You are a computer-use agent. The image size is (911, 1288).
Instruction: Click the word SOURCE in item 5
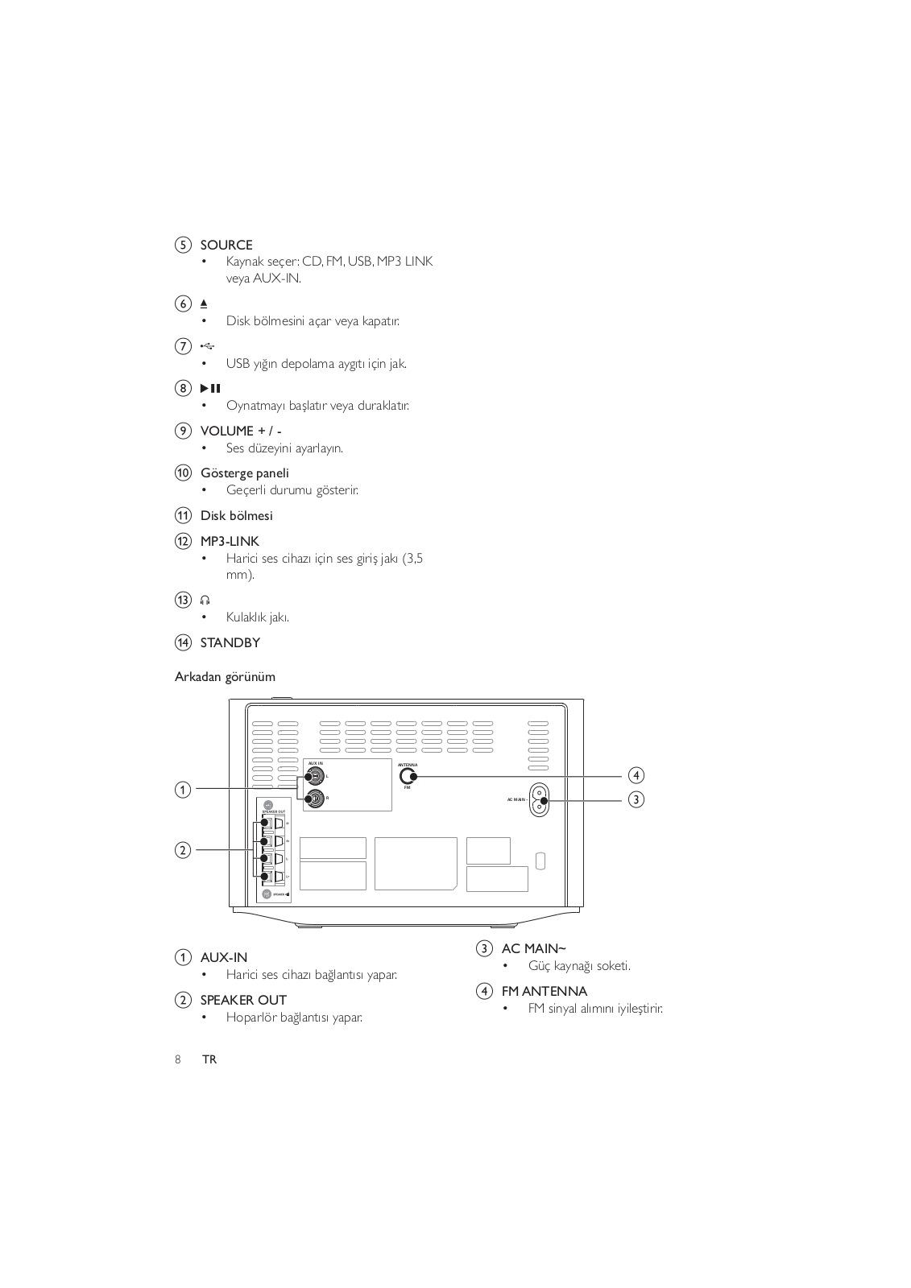click(x=226, y=245)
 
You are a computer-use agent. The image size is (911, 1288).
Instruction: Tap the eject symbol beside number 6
click(x=204, y=303)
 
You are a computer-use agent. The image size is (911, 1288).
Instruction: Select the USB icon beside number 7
click(x=207, y=346)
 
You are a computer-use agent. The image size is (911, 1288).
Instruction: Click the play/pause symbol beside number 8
click(x=210, y=389)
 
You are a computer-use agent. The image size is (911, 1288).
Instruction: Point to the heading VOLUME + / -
click(x=241, y=431)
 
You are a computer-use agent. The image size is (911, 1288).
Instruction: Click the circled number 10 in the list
click(x=184, y=473)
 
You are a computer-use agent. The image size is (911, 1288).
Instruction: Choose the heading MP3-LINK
click(x=230, y=541)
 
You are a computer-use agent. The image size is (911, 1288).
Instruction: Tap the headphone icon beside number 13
click(x=205, y=600)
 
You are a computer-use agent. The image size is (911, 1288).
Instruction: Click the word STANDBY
click(x=230, y=642)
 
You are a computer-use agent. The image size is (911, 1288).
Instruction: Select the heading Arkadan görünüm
click(x=225, y=677)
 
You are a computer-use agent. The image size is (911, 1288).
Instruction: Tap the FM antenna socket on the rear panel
click(x=408, y=776)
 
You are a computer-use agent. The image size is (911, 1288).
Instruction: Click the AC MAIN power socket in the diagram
click(x=539, y=800)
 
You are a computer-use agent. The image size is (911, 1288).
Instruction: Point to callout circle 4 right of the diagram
click(x=636, y=775)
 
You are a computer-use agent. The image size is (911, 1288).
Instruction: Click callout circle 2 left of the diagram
click(x=184, y=849)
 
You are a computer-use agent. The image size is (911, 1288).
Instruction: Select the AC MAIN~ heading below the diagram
click(x=533, y=948)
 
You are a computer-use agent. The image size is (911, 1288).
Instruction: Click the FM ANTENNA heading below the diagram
click(x=545, y=991)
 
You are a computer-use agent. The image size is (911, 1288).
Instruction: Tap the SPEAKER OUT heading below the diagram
click(x=243, y=1000)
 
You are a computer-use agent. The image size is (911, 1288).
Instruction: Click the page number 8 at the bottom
click(x=178, y=1059)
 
